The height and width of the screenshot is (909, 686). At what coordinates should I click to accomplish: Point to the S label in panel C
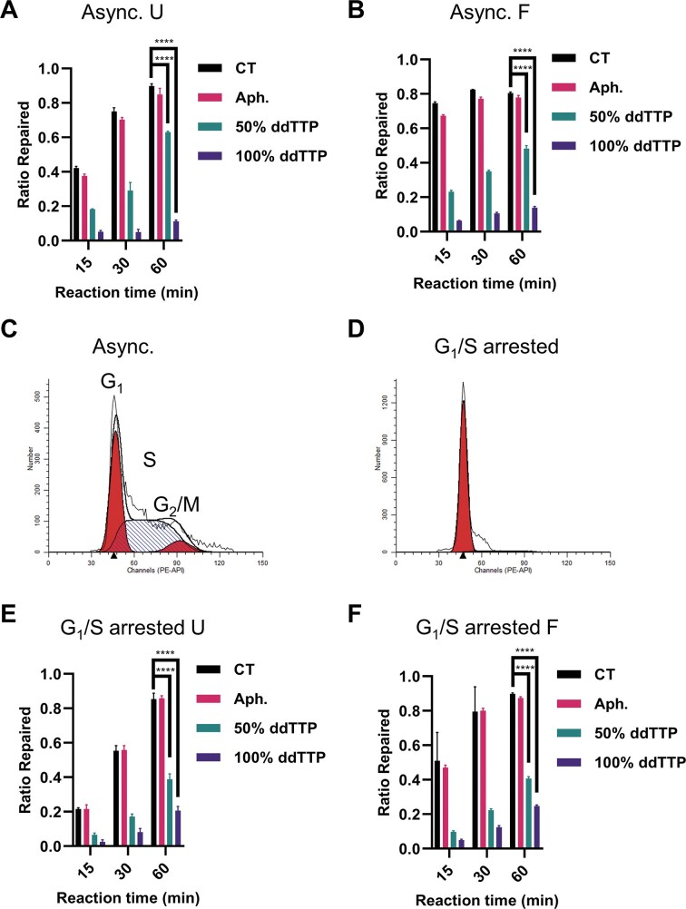151,434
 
